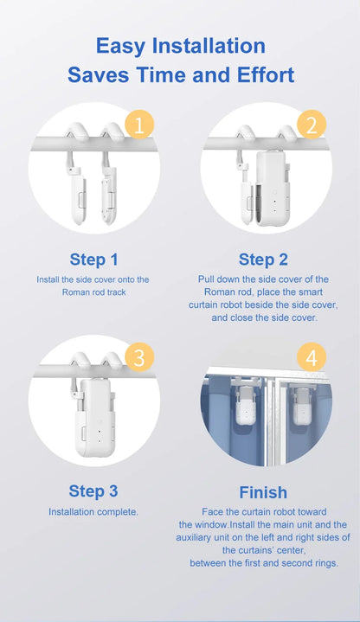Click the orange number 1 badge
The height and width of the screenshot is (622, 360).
point(138,126)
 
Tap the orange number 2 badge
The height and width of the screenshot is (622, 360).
point(311,126)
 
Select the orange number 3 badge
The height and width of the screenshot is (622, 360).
point(138,356)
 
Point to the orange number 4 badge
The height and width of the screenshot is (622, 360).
point(311,356)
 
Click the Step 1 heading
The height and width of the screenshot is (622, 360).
point(93,259)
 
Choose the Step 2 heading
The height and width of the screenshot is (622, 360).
point(263,259)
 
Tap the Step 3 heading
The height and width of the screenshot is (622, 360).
point(93,491)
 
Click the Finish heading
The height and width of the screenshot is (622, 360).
point(263,492)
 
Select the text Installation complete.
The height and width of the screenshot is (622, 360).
point(93,512)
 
